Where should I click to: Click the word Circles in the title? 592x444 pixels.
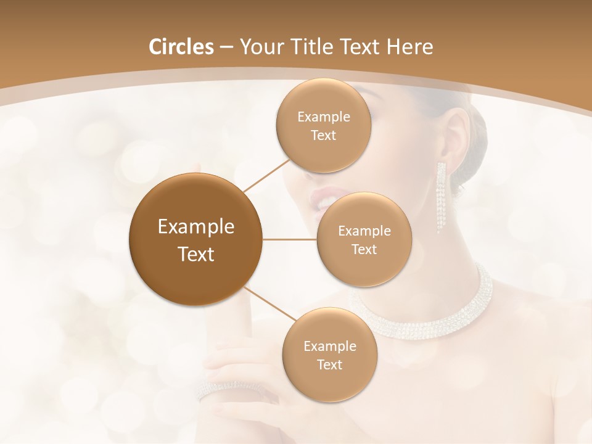(181, 47)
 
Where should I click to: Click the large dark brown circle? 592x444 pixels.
(195, 239)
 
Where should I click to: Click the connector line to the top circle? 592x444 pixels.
(266, 175)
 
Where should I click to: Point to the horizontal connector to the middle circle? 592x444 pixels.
(290, 239)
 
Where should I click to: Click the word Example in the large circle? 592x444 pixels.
(195, 227)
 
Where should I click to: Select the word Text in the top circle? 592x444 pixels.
(323, 136)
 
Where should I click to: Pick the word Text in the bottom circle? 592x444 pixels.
(329, 364)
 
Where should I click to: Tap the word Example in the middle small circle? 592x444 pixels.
(364, 231)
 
